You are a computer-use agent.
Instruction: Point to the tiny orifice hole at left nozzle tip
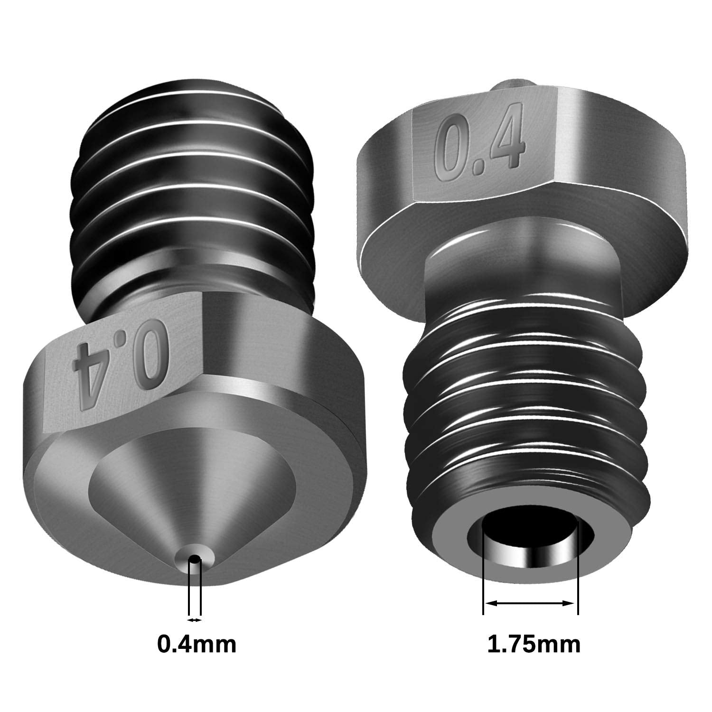pos(195,560)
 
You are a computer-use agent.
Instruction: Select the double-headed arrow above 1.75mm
pos(530,603)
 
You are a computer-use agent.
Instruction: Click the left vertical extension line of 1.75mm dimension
pos(483,570)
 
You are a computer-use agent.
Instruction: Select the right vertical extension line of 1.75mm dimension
pos(578,570)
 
